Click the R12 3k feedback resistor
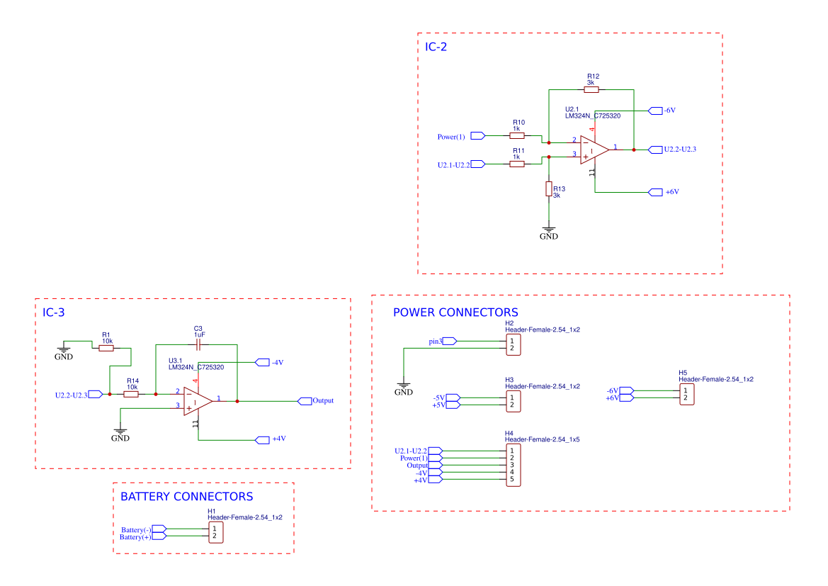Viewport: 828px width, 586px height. (x=591, y=89)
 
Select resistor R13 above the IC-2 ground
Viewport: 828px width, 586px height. (x=548, y=188)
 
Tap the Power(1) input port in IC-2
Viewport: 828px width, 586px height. (x=477, y=135)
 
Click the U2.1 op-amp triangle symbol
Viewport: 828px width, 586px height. (x=594, y=150)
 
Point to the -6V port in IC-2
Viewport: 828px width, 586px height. (x=654, y=111)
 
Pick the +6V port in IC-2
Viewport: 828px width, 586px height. (x=655, y=192)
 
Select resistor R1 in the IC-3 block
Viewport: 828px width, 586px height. (x=106, y=348)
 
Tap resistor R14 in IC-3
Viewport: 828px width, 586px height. (x=131, y=394)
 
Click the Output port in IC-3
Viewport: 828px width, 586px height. (x=305, y=401)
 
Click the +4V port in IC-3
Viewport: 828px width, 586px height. (x=262, y=439)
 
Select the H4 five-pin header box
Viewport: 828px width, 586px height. (x=513, y=465)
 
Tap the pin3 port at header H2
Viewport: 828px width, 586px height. (x=449, y=341)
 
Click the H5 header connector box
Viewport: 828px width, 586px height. (x=686, y=394)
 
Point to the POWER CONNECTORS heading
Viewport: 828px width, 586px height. (x=455, y=312)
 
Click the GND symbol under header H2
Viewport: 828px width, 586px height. (x=403, y=388)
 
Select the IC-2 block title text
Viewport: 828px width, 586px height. (x=436, y=47)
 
